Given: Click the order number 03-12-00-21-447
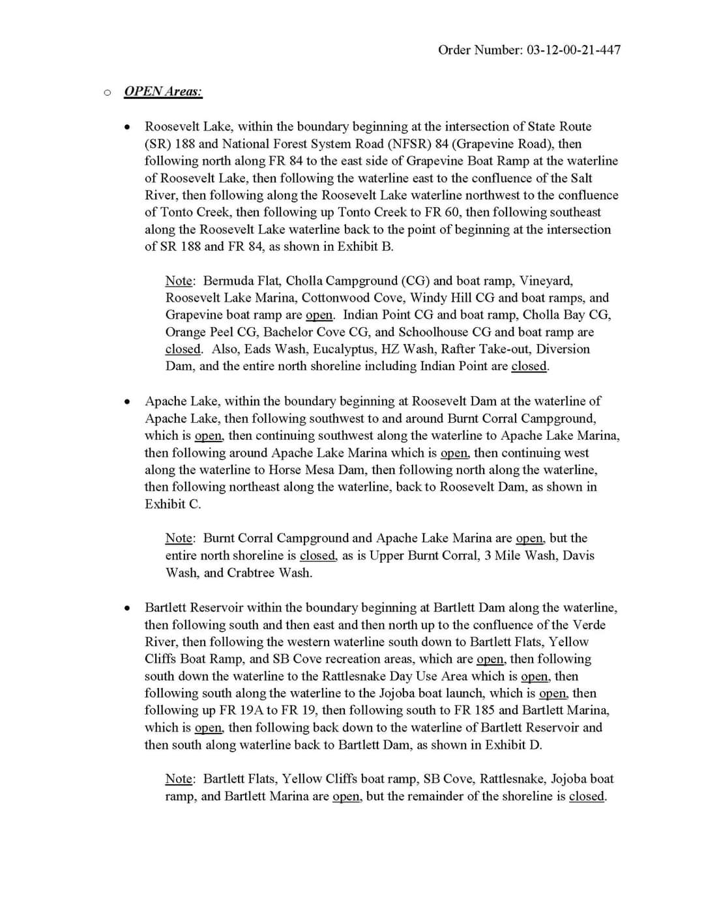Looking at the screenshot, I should click(573, 50).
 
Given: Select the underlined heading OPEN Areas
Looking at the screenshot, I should click(163, 91).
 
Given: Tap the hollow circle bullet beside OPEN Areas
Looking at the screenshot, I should click(107, 92).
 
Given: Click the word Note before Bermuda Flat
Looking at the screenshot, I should click(179, 281).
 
